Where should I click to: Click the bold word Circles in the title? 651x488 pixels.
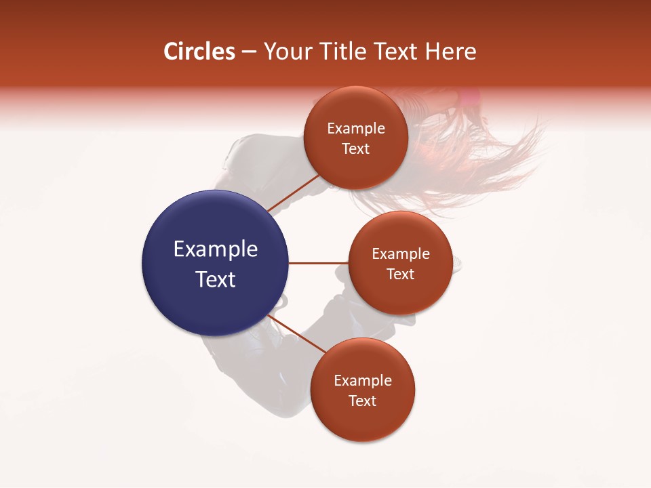click(199, 52)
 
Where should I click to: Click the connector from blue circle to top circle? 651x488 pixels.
click(293, 192)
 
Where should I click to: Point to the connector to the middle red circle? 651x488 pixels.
click(318, 263)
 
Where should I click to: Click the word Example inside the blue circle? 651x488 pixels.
click(215, 249)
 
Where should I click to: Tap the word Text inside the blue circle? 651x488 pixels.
click(215, 279)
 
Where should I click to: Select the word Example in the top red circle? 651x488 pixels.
click(355, 129)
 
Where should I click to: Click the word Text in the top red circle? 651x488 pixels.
click(355, 148)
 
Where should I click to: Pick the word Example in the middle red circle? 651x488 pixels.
click(400, 254)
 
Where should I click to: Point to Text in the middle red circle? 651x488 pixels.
click(400, 274)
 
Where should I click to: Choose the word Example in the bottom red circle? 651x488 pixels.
click(362, 381)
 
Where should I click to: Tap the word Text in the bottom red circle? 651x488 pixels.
click(362, 401)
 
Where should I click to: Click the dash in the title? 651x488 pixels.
click(249, 52)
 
